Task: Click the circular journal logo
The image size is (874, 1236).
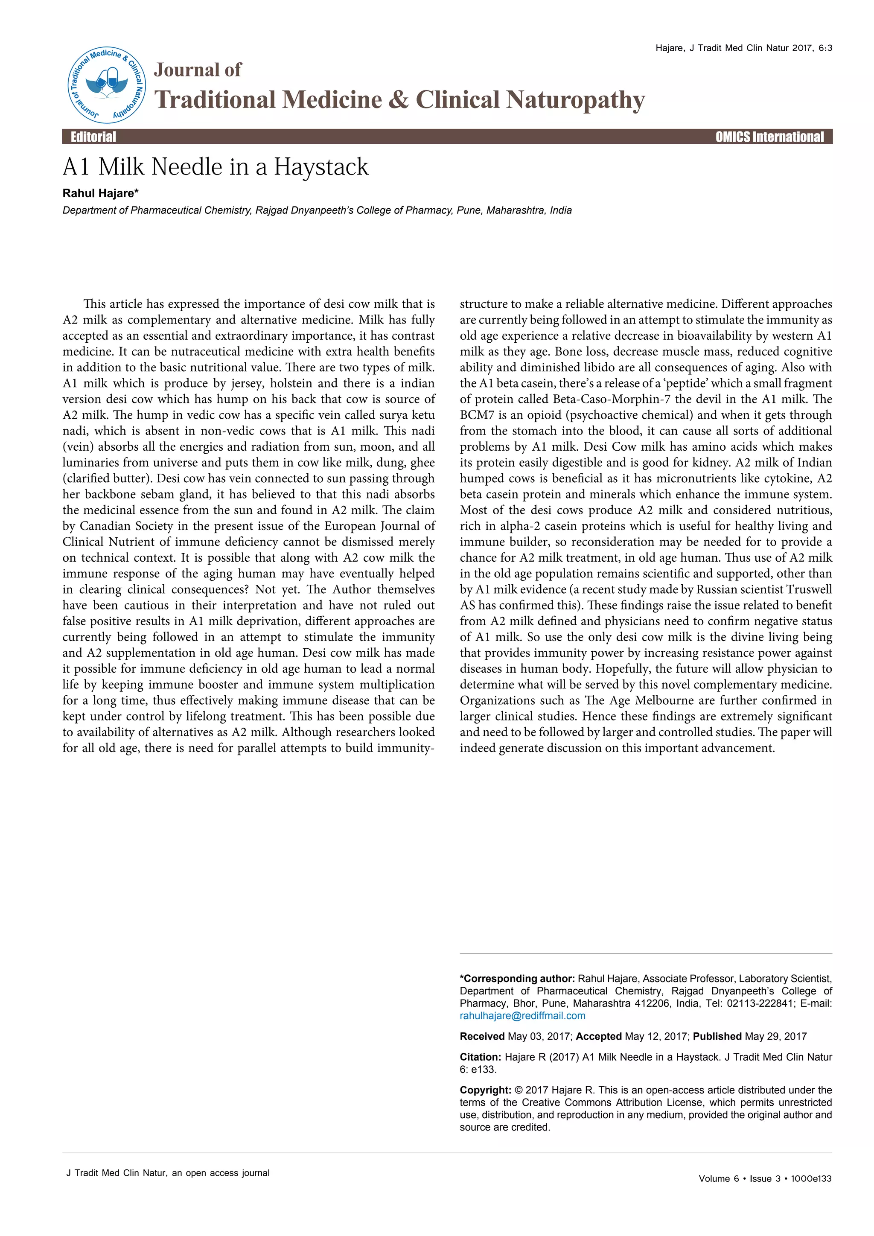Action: tap(107, 85)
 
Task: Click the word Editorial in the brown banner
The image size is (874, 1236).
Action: tap(93, 137)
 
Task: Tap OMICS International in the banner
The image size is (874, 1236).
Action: tap(769, 137)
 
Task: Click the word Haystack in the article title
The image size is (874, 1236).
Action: tap(321, 167)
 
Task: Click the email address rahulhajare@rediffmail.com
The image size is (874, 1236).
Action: tap(522, 1016)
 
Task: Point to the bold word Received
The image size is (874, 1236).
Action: tap(482, 1036)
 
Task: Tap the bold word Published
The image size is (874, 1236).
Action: tap(717, 1036)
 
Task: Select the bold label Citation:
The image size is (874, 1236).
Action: tap(480, 1057)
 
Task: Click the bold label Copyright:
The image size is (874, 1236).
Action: tap(485, 1090)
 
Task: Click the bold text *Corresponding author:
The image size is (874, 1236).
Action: tap(517, 979)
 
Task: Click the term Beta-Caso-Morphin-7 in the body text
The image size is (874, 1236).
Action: tap(612, 399)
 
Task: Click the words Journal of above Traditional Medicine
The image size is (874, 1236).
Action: tap(198, 70)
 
